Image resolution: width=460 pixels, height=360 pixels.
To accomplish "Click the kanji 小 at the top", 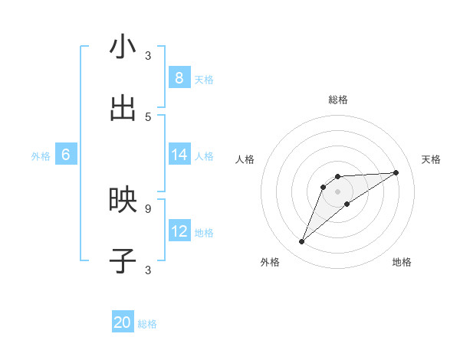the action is pyautogui.click(x=123, y=48).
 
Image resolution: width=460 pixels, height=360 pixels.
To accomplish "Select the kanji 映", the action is pyautogui.click(x=123, y=200).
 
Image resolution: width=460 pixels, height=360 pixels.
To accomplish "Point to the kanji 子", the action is pyautogui.click(x=123, y=261).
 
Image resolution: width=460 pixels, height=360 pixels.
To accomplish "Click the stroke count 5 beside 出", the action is pyautogui.click(x=148, y=116).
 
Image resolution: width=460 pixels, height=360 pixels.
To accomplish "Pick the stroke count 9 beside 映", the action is pyautogui.click(x=148, y=208).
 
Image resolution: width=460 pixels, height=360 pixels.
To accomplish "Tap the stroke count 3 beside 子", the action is pyautogui.click(x=148, y=269).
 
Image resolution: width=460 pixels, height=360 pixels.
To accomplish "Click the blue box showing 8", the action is pyautogui.click(x=179, y=77).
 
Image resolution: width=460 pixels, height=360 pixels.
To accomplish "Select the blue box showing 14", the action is pyautogui.click(x=179, y=155).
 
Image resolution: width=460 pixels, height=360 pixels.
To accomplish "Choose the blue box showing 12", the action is pyautogui.click(x=179, y=231).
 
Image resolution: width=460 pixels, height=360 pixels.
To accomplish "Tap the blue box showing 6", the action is pyautogui.click(x=66, y=155).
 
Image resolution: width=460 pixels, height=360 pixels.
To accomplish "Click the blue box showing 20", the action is pyautogui.click(x=123, y=323).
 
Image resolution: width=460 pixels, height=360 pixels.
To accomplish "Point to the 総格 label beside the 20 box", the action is pyautogui.click(x=148, y=325).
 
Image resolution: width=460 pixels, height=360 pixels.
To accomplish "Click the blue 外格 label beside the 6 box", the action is pyautogui.click(x=41, y=156).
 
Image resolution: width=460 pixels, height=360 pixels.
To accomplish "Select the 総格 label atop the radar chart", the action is pyautogui.click(x=337, y=100).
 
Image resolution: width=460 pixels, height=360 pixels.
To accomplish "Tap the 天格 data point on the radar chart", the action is pyautogui.click(x=396, y=172).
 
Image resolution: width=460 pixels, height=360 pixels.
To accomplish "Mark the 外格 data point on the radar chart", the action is pyautogui.click(x=301, y=242).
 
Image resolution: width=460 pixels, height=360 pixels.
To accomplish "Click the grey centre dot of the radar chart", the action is pyautogui.click(x=337, y=191).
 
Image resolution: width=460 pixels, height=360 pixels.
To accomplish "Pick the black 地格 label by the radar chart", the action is pyautogui.click(x=402, y=262).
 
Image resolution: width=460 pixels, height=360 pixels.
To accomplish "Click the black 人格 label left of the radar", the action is pyautogui.click(x=245, y=159).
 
